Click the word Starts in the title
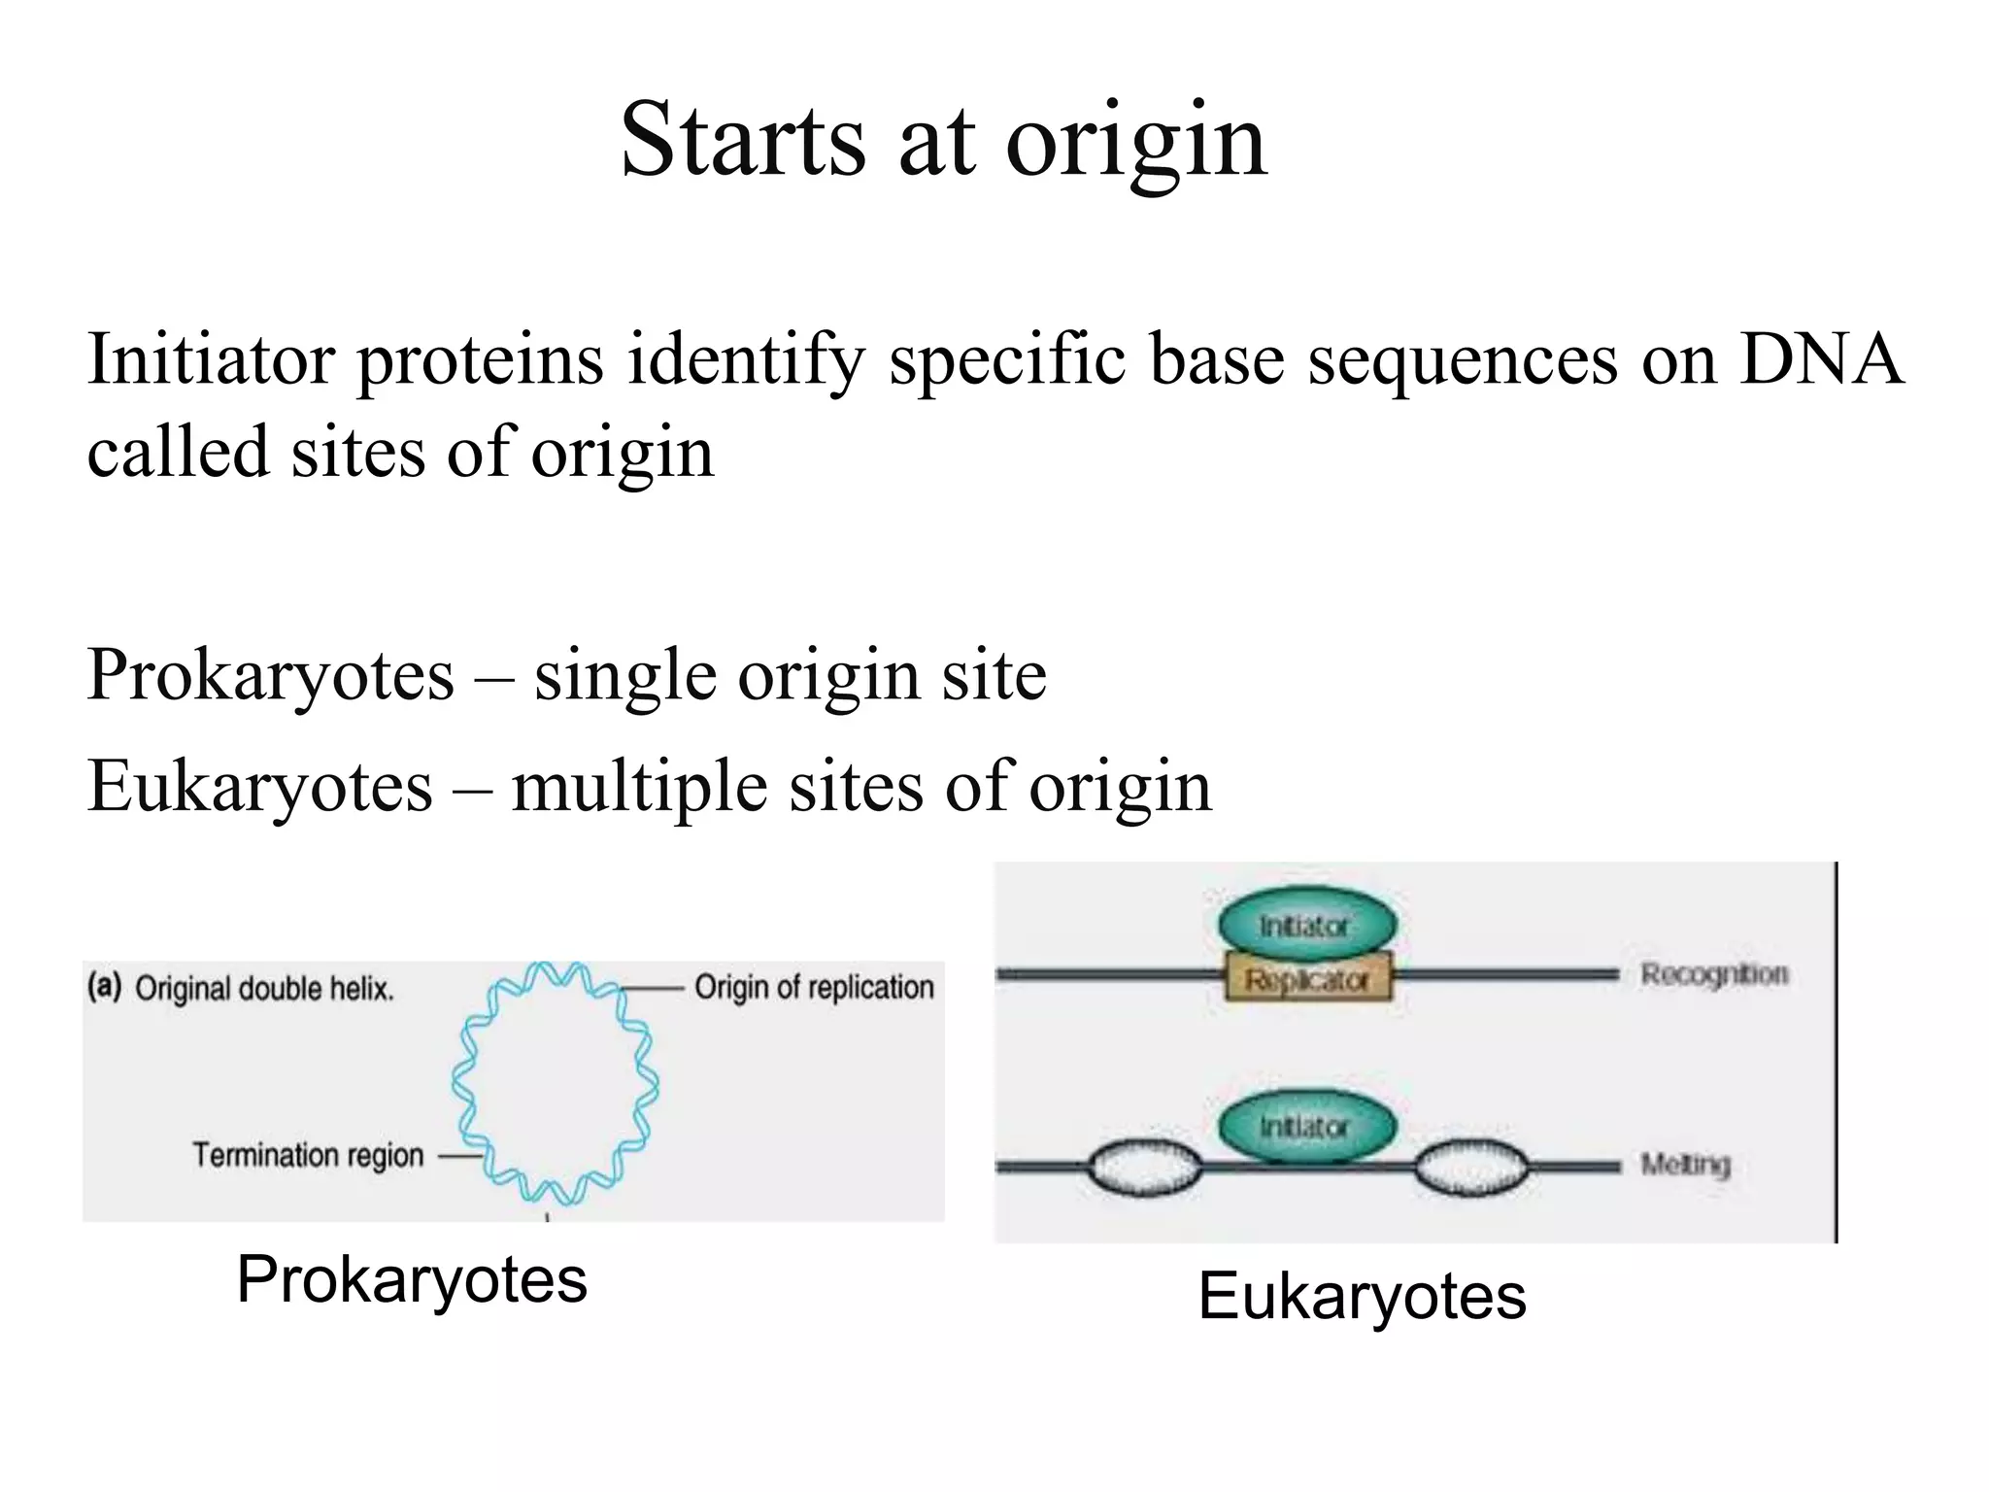click(742, 141)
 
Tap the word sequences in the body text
click(1463, 360)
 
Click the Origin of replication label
click(814, 988)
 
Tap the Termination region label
click(308, 1155)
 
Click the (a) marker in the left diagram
click(104, 987)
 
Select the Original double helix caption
click(264, 989)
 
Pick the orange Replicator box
click(1307, 978)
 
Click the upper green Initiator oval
click(1306, 924)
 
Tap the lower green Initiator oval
click(1306, 1127)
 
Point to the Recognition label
click(1714, 974)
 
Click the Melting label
click(1685, 1164)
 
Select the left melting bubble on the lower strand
click(1144, 1168)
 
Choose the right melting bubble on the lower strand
click(1470, 1168)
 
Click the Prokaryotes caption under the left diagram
click(412, 1279)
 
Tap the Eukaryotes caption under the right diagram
click(1362, 1296)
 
